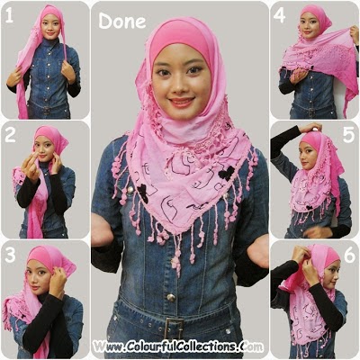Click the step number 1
pyautogui.click(x=9, y=16)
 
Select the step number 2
pyautogui.click(x=10, y=135)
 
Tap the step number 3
pyautogui.click(x=10, y=256)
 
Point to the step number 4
pyautogui.click(x=279, y=16)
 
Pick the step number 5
pyautogui.click(x=348, y=135)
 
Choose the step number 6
pyautogui.click(x=349, y=256)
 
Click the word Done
pyautogui.click(x=122, y=22)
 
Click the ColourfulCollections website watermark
pyautogui.click(x=178, y=346)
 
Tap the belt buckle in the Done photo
pyautogui.click(x=174, y=328)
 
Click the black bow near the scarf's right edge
pyautogui.click(x=226, y=174)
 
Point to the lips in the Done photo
pyautogui.click(x=182, y=102)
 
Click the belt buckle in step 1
pyautogui.click(x=47, y=111)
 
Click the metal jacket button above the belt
pyautogui.click(x=171, y=297)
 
